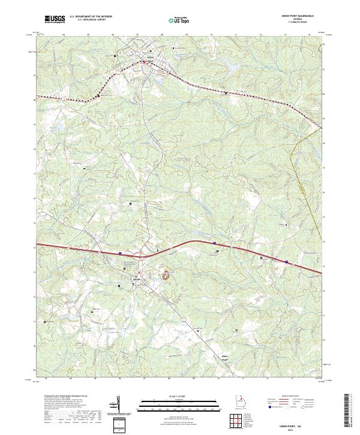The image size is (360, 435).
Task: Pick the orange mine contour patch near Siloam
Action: (165, 275)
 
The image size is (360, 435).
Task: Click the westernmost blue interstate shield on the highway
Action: (120, 253)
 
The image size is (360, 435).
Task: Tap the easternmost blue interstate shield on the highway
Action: (287, 262)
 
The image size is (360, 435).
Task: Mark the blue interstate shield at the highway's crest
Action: (215, 242)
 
